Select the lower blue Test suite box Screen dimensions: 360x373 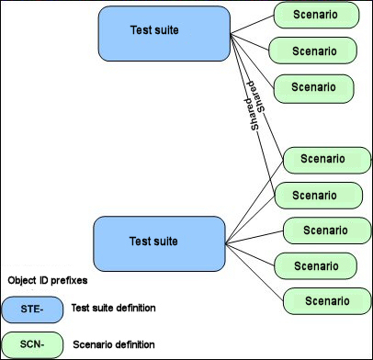pos(160,243)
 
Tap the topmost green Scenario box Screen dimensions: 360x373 pos(315,17)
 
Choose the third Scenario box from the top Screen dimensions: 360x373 pos(315,87)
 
